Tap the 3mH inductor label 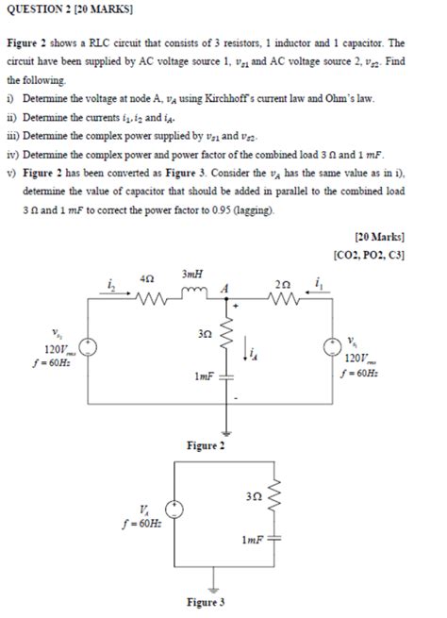tap(193, 275)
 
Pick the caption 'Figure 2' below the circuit tap(205, 445)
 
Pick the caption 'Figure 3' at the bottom tap(205, 601)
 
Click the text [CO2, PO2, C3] tap(369, 254)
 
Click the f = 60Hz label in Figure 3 tap(141, 521)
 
